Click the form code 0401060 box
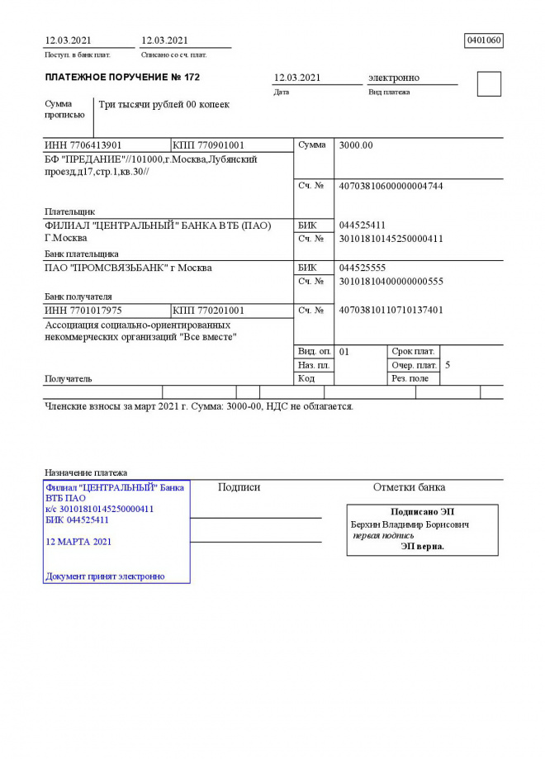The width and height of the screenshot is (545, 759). click(484, 40)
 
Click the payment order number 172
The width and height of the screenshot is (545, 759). click(192, 78)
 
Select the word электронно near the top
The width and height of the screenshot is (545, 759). click(394, 78)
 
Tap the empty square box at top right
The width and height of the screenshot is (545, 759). click(489, 84)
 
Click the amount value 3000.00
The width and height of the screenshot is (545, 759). click(357, 145)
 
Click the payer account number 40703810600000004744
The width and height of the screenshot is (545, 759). click(391, 186)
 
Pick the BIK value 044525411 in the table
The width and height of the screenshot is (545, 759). click(363, 225)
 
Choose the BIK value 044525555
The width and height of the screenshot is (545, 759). click(363, 268)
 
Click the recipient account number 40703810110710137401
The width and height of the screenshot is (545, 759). click(391, 311)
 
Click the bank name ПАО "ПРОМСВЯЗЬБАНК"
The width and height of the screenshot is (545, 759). click(127, 268)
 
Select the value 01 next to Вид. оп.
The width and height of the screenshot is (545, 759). click(345, 351)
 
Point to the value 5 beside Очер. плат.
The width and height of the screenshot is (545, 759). click(448, 364)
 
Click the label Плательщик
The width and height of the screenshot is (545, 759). click(69, 211)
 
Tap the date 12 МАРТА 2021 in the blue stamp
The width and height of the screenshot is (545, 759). click(78, 542)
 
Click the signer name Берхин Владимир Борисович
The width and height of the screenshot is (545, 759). click(410, 524)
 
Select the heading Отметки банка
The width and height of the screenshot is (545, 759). click(409, 487)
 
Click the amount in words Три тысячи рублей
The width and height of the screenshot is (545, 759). click(163, 105)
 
